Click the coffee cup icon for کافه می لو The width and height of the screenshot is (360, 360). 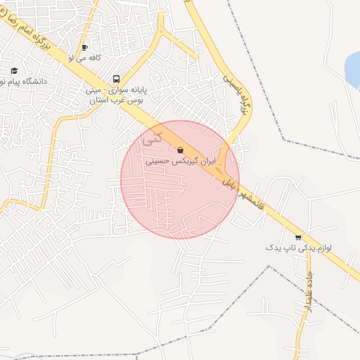point(84,48)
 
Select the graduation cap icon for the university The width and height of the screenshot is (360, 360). point(14,70)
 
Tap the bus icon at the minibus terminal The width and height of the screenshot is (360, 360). point(116,79)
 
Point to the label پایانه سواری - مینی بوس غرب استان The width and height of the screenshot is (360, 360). point(115,96)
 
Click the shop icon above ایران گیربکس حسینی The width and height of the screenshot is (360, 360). point(181,150)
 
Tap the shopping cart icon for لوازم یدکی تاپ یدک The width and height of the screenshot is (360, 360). point(298,237)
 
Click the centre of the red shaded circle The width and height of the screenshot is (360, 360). point(180,180)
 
